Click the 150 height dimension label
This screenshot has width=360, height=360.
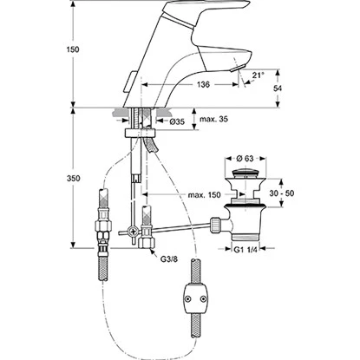[x=73, y=49]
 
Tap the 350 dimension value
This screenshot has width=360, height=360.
[x=73, y=179]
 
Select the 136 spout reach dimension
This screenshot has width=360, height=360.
[x=203, y=85]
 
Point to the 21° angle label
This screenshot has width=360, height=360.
[x=258, y=75]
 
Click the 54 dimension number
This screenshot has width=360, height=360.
[x=278, y=88]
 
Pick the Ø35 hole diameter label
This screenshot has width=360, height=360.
[x=177, y=121]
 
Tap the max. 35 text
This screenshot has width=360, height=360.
[x=213, y=119]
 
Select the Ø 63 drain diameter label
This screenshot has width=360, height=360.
[x=245, y=159]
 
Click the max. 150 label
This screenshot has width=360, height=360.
[x=204, y=195]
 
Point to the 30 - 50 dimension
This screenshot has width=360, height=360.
[x=282, y=193]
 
